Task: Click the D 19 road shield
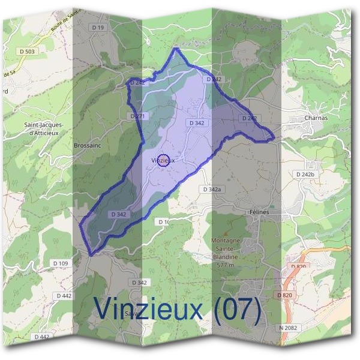coord(98,28)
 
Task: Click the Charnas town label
coord(316,118)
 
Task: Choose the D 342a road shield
coord(212,189)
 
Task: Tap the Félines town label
coord(259,212)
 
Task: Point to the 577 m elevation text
coord(225,265)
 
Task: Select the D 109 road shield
coord(61,263)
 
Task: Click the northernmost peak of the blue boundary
coord(176,48)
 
